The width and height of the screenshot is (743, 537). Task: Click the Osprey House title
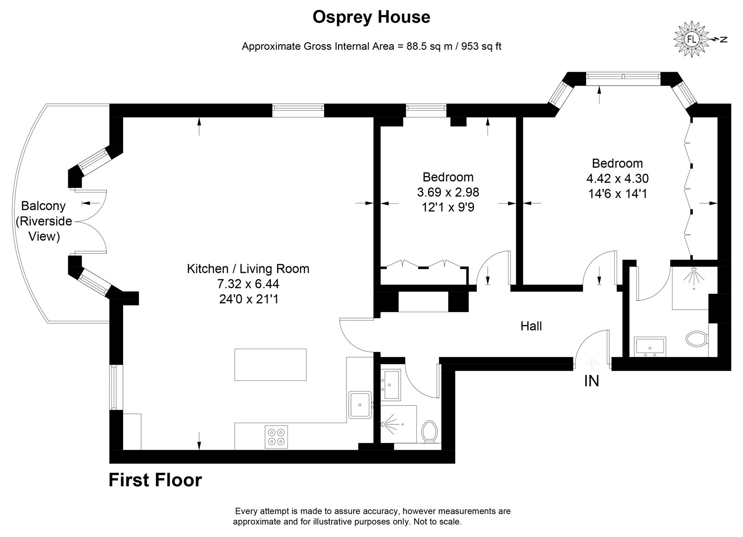click(371, 18)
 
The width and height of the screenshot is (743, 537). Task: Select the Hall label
click(531, 326)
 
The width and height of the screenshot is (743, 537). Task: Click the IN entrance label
click(592, 381)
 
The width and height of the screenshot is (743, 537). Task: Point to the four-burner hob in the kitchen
click(276, 437)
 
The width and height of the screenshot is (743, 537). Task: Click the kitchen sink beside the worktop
click(360, 405)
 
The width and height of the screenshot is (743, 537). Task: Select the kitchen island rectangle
click(270, 365)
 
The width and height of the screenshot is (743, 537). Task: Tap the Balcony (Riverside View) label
click(44, 221)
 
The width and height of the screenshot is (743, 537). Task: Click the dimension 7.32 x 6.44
click(248, 284)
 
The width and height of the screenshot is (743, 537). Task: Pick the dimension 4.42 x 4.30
click(617, 179)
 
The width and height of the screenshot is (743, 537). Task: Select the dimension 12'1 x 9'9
click(448, 207)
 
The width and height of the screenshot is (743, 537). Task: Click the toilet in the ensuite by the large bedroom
click(697, 339)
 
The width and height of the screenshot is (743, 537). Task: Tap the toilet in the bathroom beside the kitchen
click(430, 431)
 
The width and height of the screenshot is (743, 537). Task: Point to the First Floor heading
click(155, 480)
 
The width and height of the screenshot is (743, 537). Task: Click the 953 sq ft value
click(481, 46)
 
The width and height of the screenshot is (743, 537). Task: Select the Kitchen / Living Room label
click(248, 269)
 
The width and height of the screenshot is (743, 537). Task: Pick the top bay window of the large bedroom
click(623, 76)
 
